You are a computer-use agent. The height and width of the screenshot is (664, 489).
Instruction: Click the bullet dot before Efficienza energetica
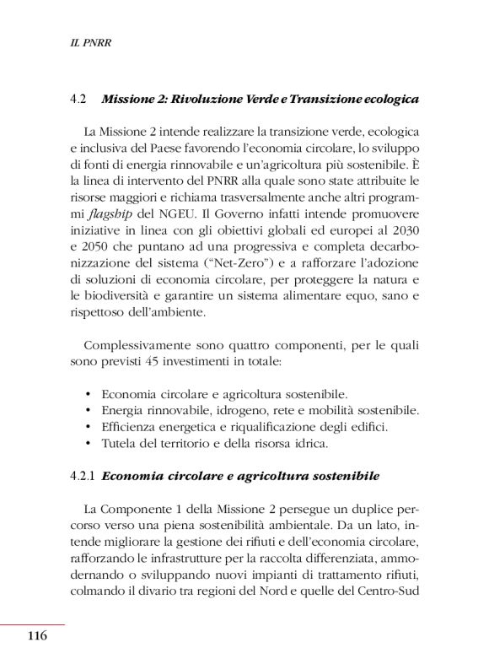[89, 427]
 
